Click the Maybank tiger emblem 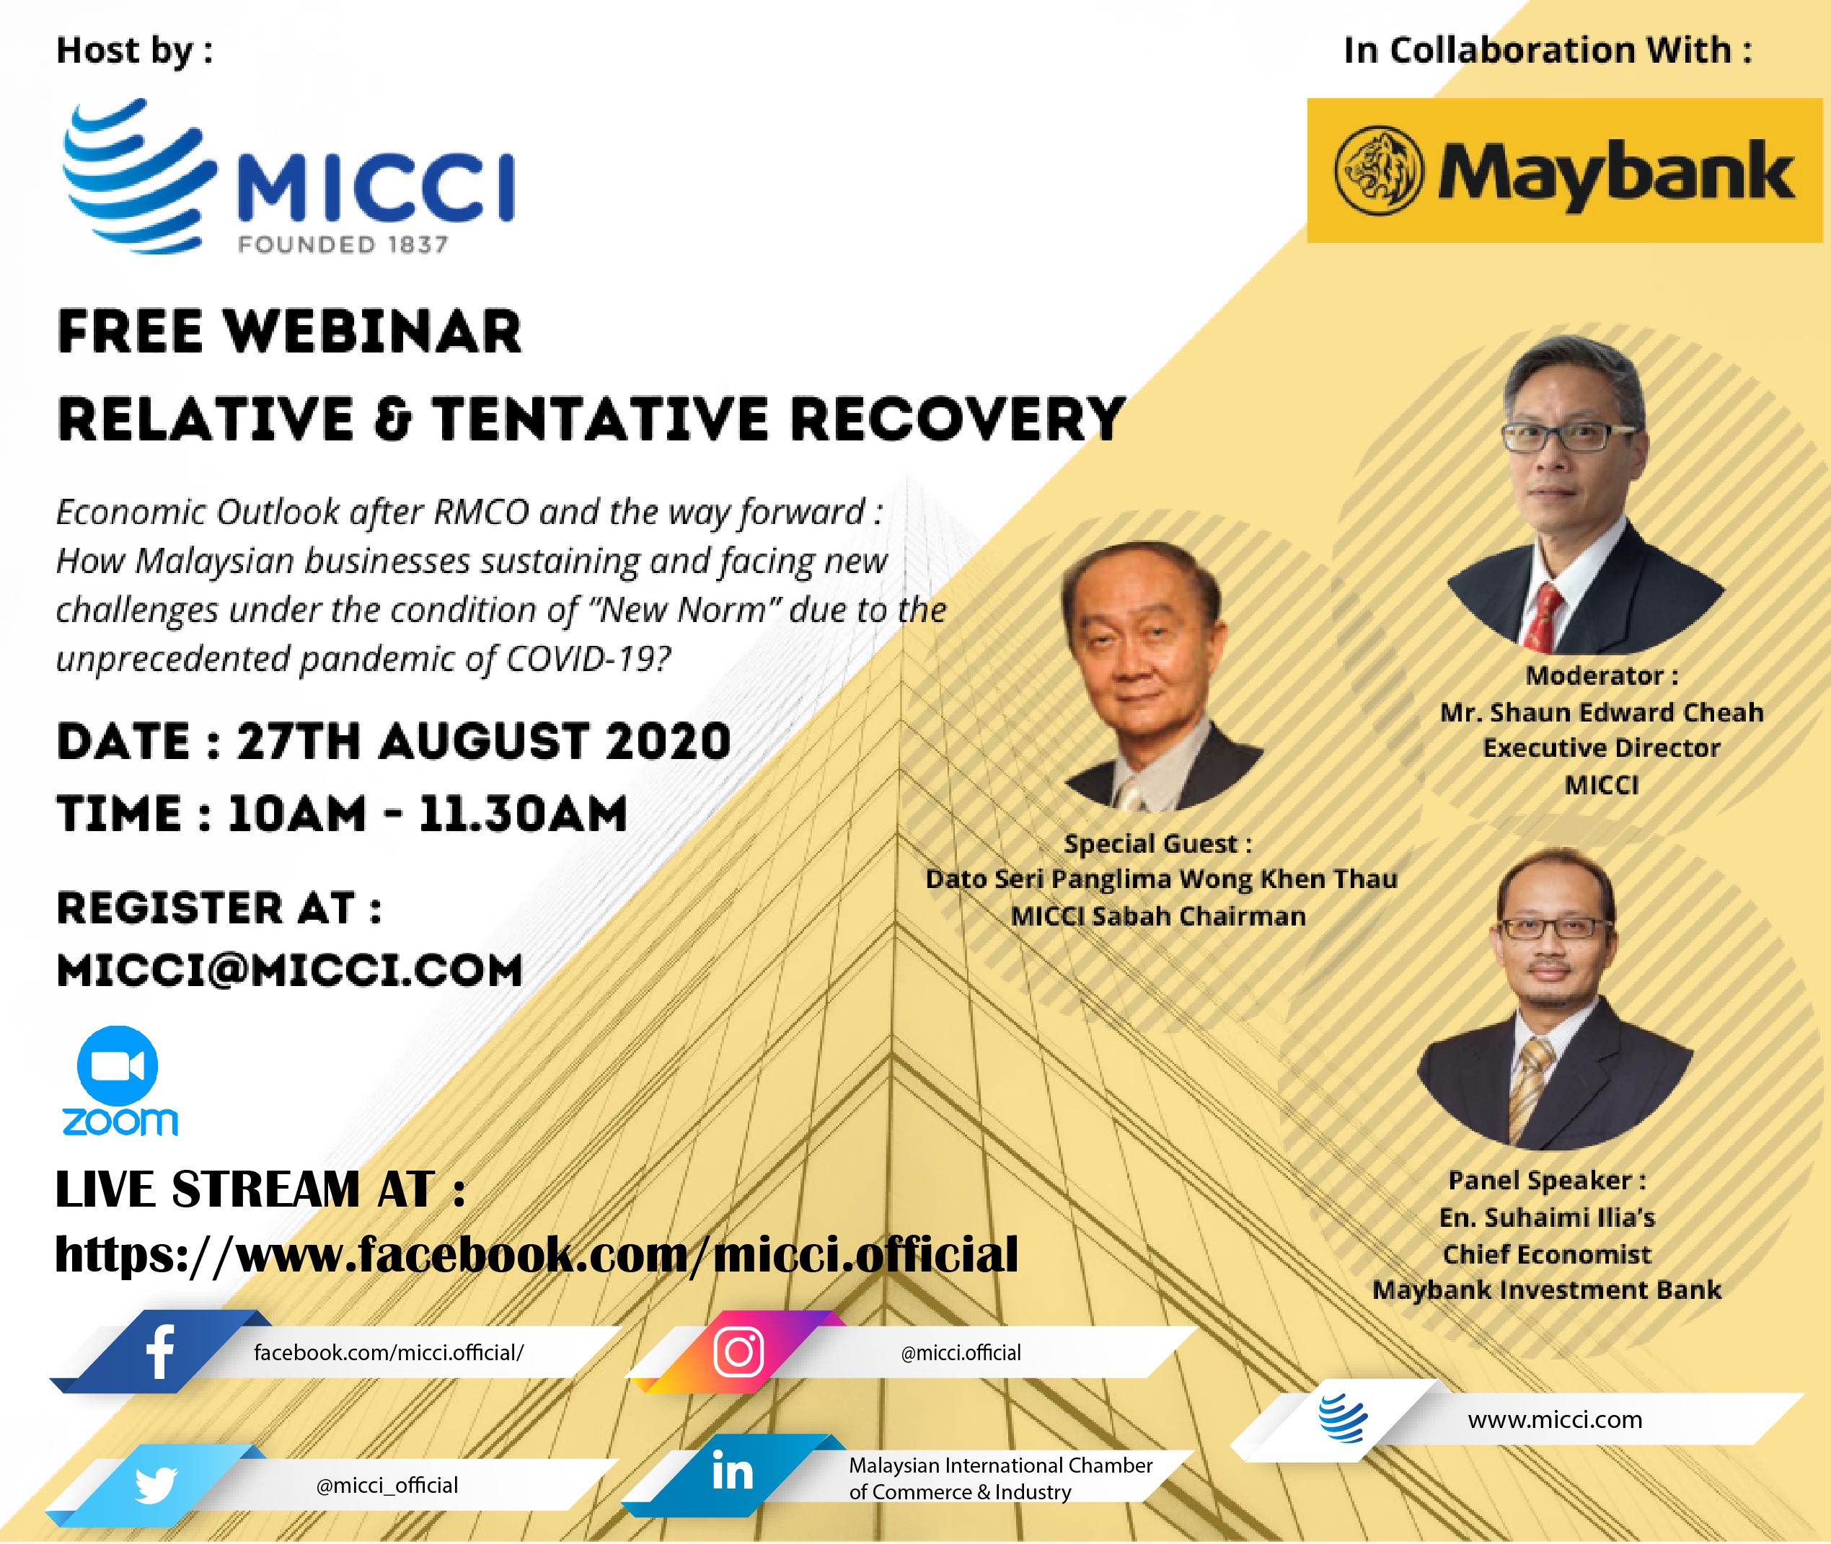(x=1378, y=171)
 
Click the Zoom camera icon (x=118, y=1066)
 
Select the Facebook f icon (x=160, y=1352)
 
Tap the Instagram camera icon (x=738, y=1352)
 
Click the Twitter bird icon (x=156, y=1484)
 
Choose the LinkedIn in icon (x=732, y=1472)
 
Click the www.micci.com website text (x=1556, y=1420)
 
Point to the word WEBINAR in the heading (x=372, y=332)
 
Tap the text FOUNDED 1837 (x=343, y=244)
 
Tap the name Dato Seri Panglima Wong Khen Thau (x=1161, y=879)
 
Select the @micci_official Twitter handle (x=387, y=1486)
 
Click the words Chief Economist (x=1548, y=1254)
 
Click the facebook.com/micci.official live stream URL (x=537, y=1254)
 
